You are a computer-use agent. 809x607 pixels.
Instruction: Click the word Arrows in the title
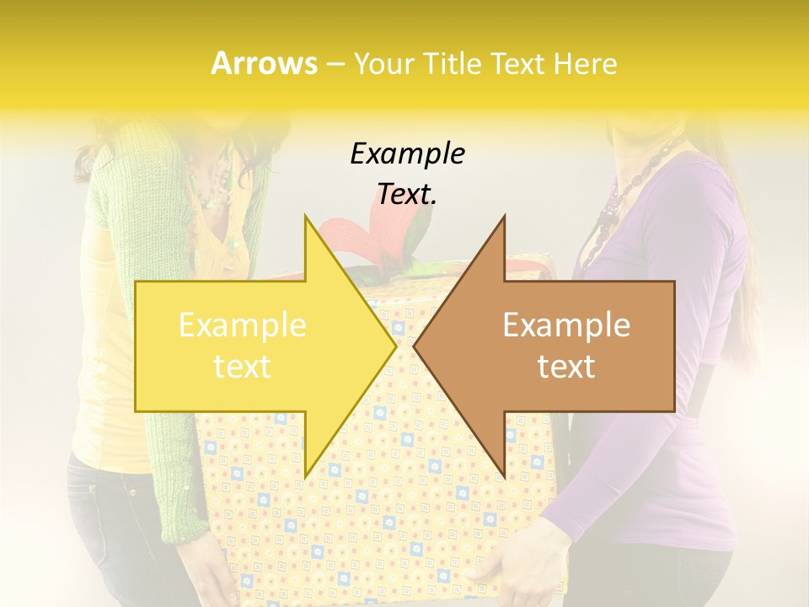tap(265, 63)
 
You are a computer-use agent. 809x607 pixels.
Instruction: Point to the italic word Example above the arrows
tap(407, 153)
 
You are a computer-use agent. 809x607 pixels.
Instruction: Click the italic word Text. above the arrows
tap(407, 194)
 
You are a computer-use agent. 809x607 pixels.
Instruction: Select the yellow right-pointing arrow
tap(253, 346)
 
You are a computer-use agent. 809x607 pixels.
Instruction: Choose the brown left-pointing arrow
tap(556, 346)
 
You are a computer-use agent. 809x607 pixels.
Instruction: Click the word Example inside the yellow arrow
tap(243, 325)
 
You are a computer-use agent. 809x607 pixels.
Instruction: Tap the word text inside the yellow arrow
tap(243, 367)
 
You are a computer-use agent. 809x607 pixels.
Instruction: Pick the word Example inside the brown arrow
tap(566, 325)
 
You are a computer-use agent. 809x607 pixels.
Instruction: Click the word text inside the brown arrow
tap(566, 367)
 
